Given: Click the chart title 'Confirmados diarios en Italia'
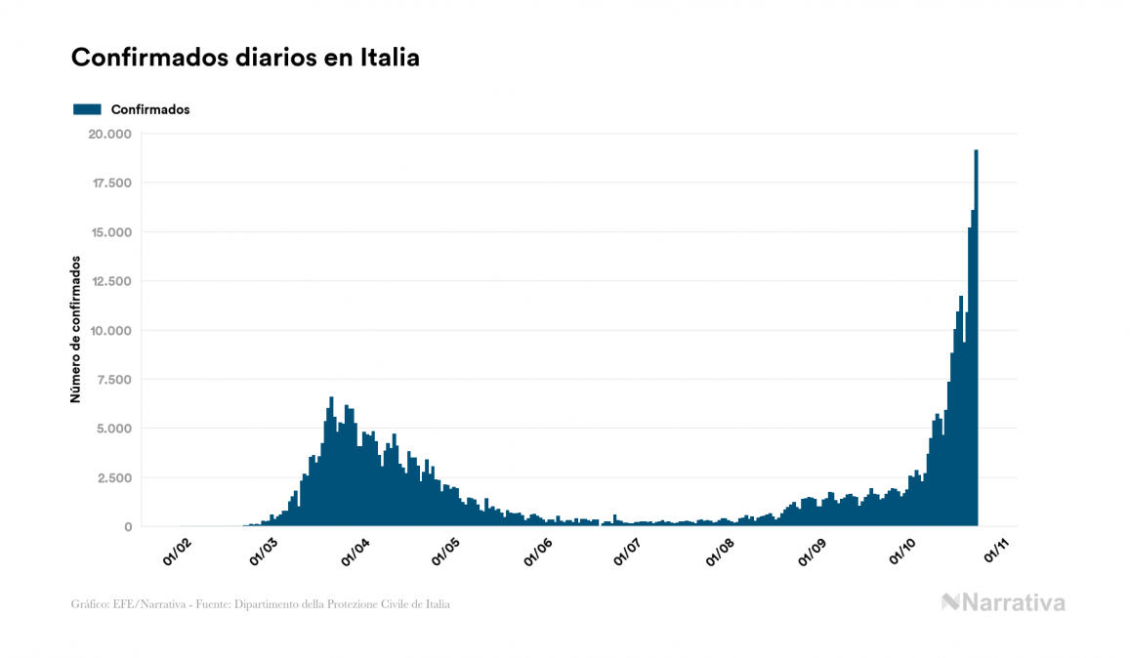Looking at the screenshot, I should (245, 58).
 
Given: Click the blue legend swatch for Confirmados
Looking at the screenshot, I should (87, 109).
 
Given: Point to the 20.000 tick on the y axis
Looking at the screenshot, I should (109, 134).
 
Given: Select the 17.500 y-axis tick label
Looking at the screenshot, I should (110, 183).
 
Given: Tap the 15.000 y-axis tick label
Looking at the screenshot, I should (110, 232).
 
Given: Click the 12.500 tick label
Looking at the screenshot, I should (110, 281).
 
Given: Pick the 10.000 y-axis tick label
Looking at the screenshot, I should (110, 330).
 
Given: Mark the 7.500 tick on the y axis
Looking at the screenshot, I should (114, 380).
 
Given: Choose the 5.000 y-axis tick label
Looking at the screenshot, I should (114, 429).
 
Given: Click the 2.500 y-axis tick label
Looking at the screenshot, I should (114, 477).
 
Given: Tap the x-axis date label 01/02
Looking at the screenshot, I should (177, 552).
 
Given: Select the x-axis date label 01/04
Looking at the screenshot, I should (356, 552).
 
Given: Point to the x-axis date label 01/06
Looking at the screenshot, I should (538, 552).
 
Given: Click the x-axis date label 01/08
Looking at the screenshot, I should (720, 552).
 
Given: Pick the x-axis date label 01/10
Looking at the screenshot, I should (902, 552).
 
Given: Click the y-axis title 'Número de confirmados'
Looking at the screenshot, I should (75, 330).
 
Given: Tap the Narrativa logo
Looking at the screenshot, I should (1003, 602).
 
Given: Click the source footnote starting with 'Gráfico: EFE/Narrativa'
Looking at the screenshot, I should (261, 604).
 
